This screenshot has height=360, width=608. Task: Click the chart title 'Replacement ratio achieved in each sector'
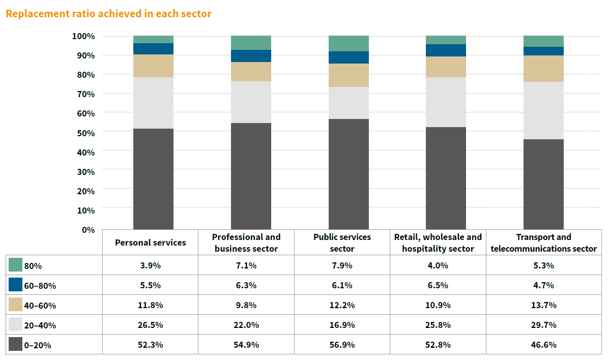click(108, 14)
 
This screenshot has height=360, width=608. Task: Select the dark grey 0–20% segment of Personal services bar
click(153, 178)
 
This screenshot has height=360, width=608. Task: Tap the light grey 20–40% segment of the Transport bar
click(543, 110)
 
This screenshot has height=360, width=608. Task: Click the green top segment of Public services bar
click(349, 43)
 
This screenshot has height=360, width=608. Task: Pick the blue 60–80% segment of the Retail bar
click(446, 50)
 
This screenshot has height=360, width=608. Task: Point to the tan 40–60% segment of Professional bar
click(251, 72)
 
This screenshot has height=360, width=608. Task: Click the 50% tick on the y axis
click(83, 133)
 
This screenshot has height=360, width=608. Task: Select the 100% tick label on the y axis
click(83, 36)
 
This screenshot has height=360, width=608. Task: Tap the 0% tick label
click(88, 230)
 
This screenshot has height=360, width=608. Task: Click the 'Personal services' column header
click(151, 243)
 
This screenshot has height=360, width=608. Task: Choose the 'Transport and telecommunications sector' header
click(543, 243)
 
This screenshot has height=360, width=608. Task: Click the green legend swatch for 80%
click(16, 265)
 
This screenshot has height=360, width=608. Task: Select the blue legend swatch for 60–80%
click(16, 285)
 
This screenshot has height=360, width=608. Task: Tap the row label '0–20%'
click(37, 345)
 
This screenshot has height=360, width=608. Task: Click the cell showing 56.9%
click(342, 344)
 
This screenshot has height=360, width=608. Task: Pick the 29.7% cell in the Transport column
click(543, 325)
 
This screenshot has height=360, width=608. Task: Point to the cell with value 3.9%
click(151, 265)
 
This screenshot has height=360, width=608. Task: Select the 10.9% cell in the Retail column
click(438, 305)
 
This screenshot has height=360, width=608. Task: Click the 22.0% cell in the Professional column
click(246, 325)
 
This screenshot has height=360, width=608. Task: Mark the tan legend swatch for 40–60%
click(16, 305)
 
